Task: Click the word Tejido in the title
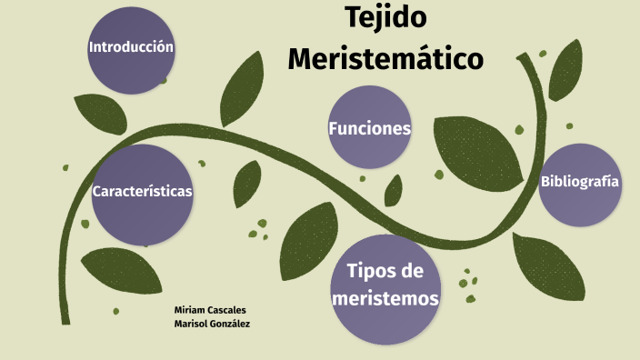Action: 385,17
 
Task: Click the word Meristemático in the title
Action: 385,59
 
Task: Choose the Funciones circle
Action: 370,128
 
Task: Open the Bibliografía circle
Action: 580,183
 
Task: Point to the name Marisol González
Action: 212,324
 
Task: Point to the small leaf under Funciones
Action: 393,190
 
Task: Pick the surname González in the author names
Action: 228,324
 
